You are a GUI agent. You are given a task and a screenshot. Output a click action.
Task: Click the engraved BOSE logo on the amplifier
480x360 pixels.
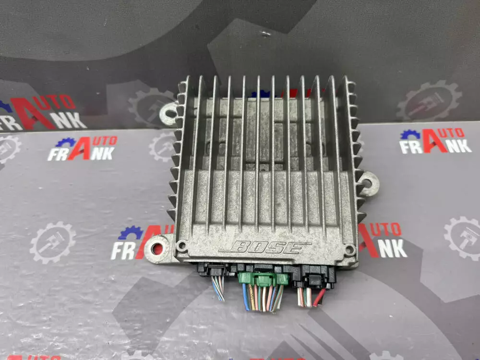point(265,247)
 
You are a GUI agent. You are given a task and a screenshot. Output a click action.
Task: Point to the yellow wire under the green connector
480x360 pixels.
point(252,298)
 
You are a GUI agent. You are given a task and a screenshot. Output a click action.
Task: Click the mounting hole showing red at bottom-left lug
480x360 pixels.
point(157,248)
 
